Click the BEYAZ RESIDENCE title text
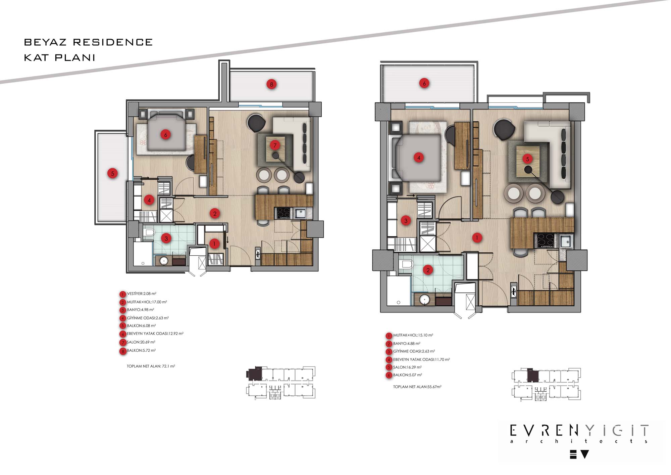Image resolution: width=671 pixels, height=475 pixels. coord(88,42)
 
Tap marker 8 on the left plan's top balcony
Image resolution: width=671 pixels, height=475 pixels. coord(271,84)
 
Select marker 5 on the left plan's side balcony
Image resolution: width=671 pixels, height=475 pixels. coord(112,173)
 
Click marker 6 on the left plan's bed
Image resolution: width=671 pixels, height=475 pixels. coord(165,135)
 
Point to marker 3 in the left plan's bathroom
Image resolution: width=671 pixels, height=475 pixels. coord(166,239)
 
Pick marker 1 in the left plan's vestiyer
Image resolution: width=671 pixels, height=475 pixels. coord(214,244)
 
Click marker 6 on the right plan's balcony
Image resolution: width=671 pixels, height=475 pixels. coord(424,83)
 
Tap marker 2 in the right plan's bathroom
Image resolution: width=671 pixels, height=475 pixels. coord(428,270)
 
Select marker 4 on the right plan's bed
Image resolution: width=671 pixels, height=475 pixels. coord(419,158)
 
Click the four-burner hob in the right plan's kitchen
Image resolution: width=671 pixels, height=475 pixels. coord(546,241)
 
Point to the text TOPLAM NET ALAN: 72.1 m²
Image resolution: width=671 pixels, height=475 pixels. coord(151,366)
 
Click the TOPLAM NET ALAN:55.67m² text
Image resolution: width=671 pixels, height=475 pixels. coord(417,387)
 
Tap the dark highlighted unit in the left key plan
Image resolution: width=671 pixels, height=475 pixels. coord(254,374)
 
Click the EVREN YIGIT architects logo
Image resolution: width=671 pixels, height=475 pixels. coord(579,440)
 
